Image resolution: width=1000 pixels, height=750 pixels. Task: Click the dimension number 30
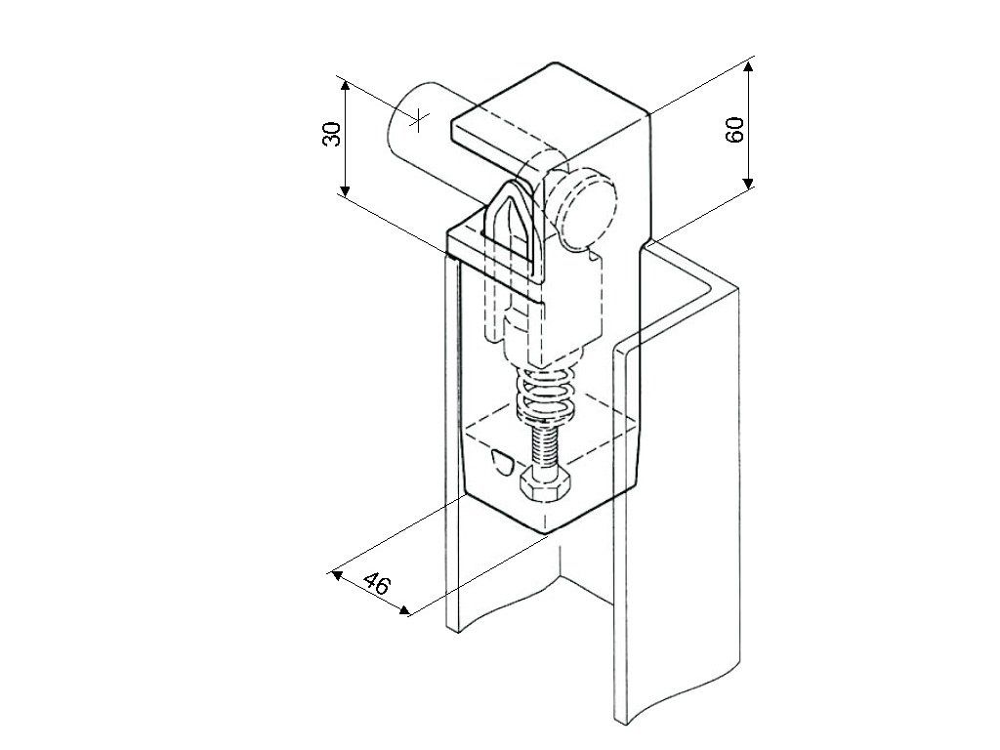tap(332, 134)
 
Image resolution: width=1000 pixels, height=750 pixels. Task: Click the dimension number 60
tap(736, 129)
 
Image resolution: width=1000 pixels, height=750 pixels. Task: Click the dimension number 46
tap(377, 584)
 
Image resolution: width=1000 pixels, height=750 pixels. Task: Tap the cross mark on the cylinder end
tap(418, 119)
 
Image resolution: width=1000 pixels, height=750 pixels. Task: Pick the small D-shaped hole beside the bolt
tap(501, 460)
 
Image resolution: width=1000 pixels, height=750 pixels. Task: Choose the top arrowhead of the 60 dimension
tap(748, 66)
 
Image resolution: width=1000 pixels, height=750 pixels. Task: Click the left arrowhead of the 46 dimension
tap(338, 574)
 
